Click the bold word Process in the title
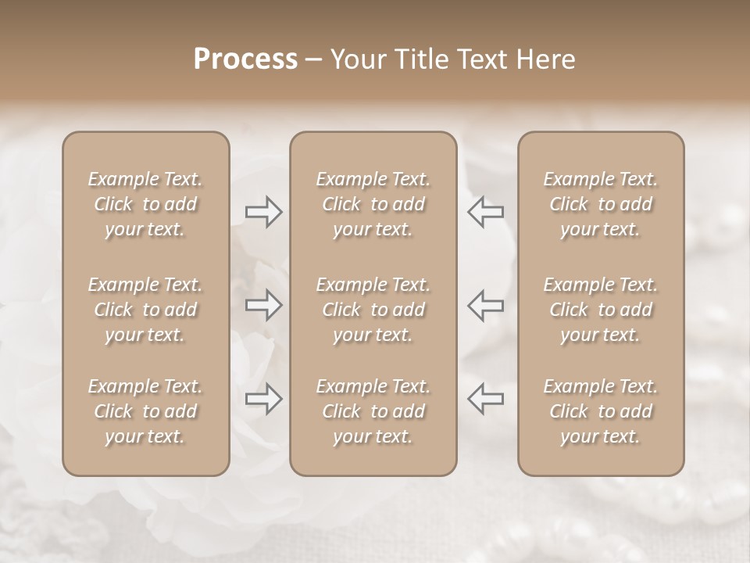click(x=245, y=59)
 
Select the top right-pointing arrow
click(x=263, y=212)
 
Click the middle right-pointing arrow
click(x=263, y=304)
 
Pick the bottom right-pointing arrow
click(x=263, y=399)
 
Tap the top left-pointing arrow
click(x=486, y=212)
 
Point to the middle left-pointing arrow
click(x=486, y=304)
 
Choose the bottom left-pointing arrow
click(x=486, y=399)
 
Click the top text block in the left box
click(x=145, y=204)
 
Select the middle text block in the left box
click(x=145, y=310)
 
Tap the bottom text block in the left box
click(x=145, y=411)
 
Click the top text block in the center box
click(x=373, y=204)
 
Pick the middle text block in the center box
click(x=373, y=310)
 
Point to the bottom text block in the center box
click(x=373, y=411)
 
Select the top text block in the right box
click(x=600, y=204)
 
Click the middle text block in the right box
click(x=600, y=310)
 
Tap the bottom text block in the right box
click(x=600, y=411)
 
